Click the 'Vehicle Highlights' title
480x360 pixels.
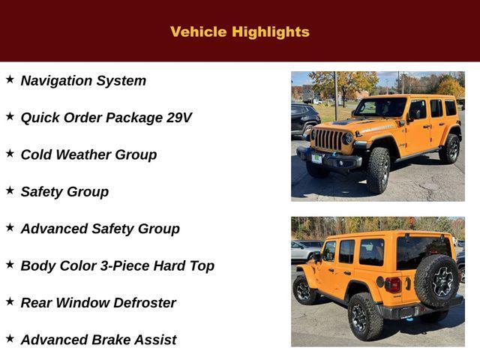(x=240, y=31)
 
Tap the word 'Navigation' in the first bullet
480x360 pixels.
(x=56, y=81)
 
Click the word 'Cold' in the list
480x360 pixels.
(x=35, y=154)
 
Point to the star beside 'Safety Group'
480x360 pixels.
(x=10, y=190)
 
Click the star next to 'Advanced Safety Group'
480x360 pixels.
(x=10, y=227)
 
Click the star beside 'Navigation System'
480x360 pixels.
(x=10, y=79)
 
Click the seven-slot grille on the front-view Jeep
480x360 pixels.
(x=328, y=139)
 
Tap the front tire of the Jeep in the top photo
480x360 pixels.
(x=378, y=170)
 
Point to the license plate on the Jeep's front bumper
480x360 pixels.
(x=316, y=158)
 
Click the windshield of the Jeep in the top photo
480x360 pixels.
(x=379, y=108)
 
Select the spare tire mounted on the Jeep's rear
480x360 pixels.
(x=437, y=281)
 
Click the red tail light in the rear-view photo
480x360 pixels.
(x=393, y=285)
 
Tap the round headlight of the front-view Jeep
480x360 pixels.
(x=347, y=139)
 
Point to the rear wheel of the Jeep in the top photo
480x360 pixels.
(x=449, y=148)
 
